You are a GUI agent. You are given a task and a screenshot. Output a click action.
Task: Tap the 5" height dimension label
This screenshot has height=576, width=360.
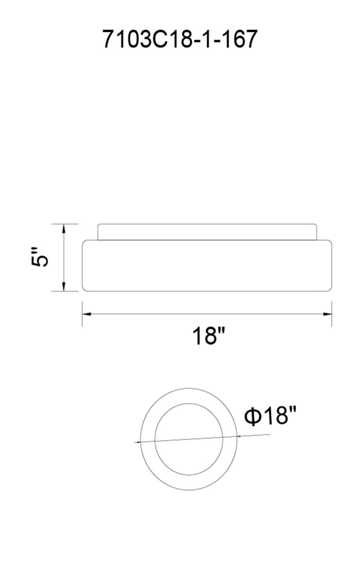click(x=39, y=257)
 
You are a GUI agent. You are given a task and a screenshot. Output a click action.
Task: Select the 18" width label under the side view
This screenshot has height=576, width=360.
click(x=208, y=336)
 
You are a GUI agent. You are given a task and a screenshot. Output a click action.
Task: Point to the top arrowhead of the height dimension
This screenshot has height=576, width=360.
click(x=64, y=228)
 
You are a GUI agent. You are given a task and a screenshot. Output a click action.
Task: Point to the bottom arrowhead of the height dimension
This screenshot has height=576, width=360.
click(x=64, y=287)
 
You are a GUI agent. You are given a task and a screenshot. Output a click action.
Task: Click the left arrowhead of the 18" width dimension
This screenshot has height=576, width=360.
click(x=86, y=314)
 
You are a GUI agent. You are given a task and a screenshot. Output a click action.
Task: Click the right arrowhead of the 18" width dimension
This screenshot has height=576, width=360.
click(x=328, y=314)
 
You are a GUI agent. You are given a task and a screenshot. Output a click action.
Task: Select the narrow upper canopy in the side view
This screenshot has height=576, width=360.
click(x=207, y=232)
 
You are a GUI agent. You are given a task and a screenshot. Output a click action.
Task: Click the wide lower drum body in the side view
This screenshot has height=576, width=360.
click(x=207, y=266)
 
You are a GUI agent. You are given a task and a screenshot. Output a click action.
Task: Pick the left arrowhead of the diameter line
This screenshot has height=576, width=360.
click(x=138, y=442)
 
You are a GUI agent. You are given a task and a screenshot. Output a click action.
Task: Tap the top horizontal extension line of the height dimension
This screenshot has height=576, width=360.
click(x=68, y=224)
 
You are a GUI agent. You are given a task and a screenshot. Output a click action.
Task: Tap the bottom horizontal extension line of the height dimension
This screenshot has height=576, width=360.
click(x=68, y=291)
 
